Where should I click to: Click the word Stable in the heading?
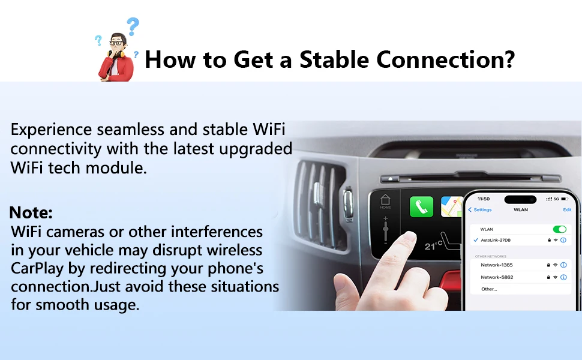[x=334, y=59]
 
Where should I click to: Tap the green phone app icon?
[x=421, y=206]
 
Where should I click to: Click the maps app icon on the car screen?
[x=452, y=206]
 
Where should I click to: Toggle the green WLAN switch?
[x=559, y=229]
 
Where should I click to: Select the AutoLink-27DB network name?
[x=496, y=240]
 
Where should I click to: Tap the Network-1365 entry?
[x=497, y=265]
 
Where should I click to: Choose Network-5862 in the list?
[x=497, y=277]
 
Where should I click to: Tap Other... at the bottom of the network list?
[x=489, y=289]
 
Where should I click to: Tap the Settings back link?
[x=480, y=209]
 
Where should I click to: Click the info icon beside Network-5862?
[x=563, y=277]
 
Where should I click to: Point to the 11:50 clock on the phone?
[x=483, y=199]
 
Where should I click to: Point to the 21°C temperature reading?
[x=434, y=245]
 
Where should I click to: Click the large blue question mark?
[x=133, y=26]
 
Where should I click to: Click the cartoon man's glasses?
[x=116, y=43]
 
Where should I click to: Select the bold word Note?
[x=31, y=212]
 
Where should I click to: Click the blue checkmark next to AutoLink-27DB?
[x=475, y=240]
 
